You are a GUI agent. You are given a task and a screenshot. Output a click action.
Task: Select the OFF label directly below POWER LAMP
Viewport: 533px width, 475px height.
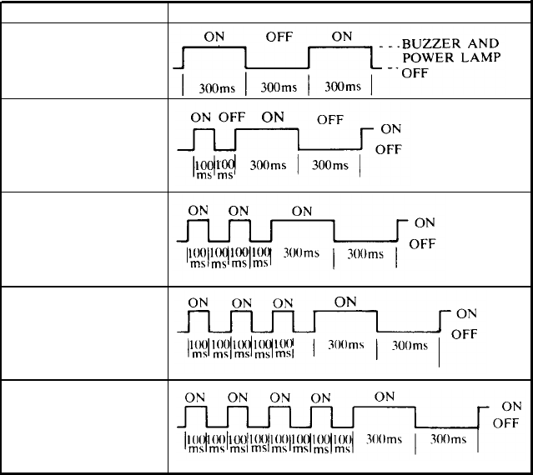click(x=415, y=73)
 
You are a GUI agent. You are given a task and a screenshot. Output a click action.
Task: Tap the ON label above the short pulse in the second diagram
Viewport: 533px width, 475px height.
click(x=201, y=117)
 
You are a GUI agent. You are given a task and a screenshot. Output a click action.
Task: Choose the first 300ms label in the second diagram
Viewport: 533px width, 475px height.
click(x=267, y=165)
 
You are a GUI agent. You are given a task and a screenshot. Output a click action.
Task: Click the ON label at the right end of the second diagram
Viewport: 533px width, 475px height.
click(x=390, y=129)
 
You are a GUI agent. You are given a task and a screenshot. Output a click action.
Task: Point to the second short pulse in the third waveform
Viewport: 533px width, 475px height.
click(x=239, y=230)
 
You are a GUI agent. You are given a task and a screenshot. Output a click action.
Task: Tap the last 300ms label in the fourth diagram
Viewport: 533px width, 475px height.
click(x=410, y=345)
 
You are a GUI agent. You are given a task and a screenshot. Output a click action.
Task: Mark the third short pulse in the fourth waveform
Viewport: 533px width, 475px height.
click(x=283, y=320)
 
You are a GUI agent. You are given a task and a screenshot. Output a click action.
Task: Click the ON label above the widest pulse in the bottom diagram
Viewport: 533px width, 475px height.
click(x=384, y=397)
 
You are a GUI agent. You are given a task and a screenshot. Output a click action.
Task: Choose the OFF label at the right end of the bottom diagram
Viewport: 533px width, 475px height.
click(x=506, y=423)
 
